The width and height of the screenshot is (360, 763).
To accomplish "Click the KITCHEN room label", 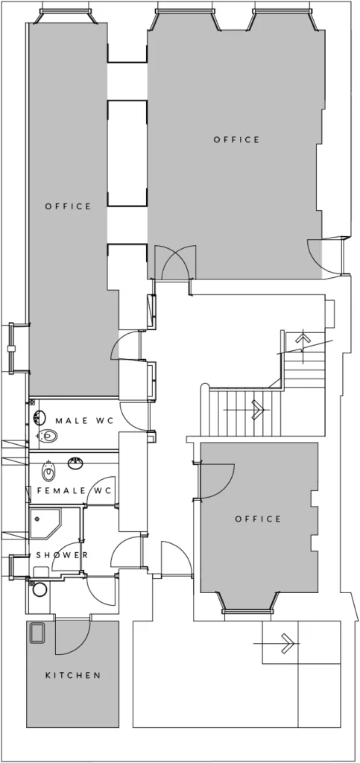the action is tap(73, 675).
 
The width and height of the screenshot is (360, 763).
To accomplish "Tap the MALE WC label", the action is tap(85, 421).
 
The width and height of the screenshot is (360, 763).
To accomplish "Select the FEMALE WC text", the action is tap(75, 490).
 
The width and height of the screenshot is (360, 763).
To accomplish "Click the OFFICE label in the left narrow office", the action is tap(68, 206).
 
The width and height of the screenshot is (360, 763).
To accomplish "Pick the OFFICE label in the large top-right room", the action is tap(237, 139).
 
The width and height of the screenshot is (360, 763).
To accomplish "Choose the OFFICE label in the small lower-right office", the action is tap(259, 519).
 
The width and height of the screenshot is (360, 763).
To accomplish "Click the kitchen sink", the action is tap(37, 633).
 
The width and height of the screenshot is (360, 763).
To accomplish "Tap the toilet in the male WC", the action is tap(47, 435).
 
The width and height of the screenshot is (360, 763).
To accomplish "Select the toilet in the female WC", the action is tap(48, 470).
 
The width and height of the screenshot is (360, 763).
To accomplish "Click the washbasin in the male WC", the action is tap(40, 417).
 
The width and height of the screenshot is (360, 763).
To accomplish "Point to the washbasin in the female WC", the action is tap(75, 462).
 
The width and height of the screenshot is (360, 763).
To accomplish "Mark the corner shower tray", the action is tap(45, 524).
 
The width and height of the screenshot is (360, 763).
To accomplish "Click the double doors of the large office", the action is tap(175, 263).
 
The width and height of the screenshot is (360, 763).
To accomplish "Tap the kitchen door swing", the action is tap(73, 636).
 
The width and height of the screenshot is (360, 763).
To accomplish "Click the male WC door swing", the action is tap(135, 417).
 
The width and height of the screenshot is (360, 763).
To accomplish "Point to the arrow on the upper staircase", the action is tap(303, 341).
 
